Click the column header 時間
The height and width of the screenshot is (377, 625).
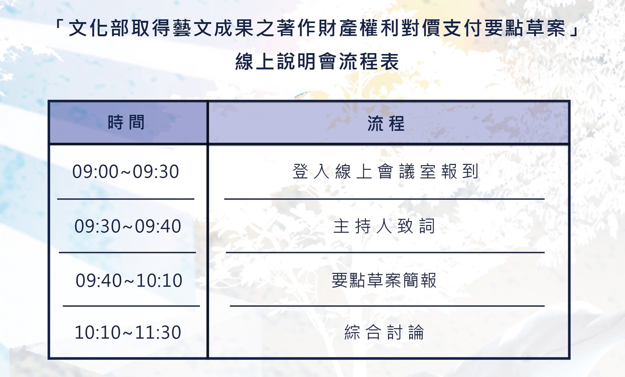[x=126, y=122]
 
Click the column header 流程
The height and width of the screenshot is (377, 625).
[x=386, y=123]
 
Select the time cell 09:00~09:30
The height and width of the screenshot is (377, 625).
[x=126, y=172]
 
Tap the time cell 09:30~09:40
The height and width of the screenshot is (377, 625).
[x=127, y=226]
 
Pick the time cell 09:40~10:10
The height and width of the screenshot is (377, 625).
[x=129, y=280]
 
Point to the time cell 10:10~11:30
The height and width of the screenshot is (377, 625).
[x=128, y=332]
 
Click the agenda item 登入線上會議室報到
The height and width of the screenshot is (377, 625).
[x=386, y=172]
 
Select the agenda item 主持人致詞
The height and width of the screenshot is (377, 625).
[x=384, y=226]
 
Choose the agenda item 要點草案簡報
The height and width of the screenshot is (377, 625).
[x=384, y=280]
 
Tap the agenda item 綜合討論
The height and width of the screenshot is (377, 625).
[x=384, y=332]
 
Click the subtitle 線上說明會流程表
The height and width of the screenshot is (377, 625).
[x=317, y=61]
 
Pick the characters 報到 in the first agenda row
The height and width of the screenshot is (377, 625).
[x=460, y=172]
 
